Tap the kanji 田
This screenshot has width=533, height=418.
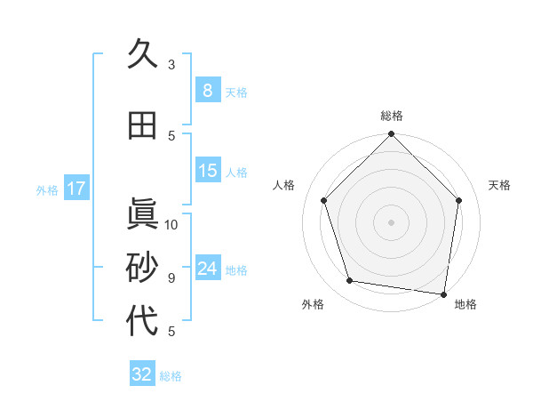(x=142, y=126)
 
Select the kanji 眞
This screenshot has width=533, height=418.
(x=142, y=214)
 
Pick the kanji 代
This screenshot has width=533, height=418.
(x=142, y=322)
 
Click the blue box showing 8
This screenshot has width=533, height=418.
(x=207, y=91)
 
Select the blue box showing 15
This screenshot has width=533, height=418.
(x=207, y=171)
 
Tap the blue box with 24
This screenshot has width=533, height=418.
(x=207, y=269)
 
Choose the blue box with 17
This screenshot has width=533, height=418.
(x=76, y=189)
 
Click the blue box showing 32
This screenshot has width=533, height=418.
(x=142, y=374)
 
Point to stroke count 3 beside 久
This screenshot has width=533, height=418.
(x=171, y=64)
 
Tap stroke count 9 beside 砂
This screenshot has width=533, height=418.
(x=171, y=278)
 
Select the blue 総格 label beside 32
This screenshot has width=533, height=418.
(x=171, y=376)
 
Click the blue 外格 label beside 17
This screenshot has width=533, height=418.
(x=47, y=190)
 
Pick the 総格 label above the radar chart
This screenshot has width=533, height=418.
(x=391, y=116)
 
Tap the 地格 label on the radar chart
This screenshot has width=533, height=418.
(x=465, y=304)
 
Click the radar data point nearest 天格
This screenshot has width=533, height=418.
(x=458, y=200)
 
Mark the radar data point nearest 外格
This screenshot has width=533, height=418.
(x=350, y=281)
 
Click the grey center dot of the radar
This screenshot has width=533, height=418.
(x=391, y=221)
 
